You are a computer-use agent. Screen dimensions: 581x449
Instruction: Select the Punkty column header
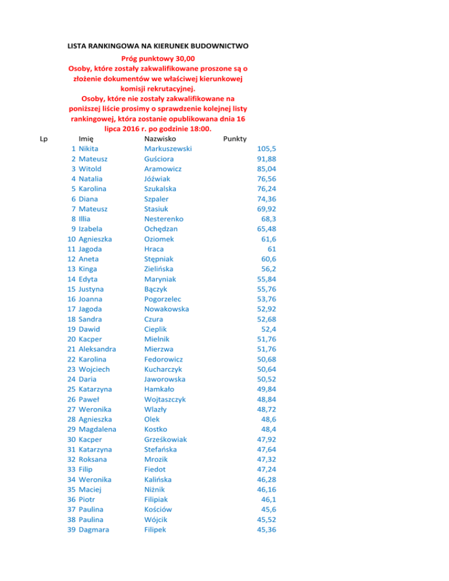pos(234,139)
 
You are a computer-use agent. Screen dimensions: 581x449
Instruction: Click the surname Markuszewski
pos(168,149)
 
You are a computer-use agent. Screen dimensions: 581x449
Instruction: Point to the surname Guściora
pos(158,159)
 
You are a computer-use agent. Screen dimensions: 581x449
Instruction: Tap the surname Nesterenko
pos(163,219)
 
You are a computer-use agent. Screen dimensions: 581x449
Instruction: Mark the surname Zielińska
pos(160,268)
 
